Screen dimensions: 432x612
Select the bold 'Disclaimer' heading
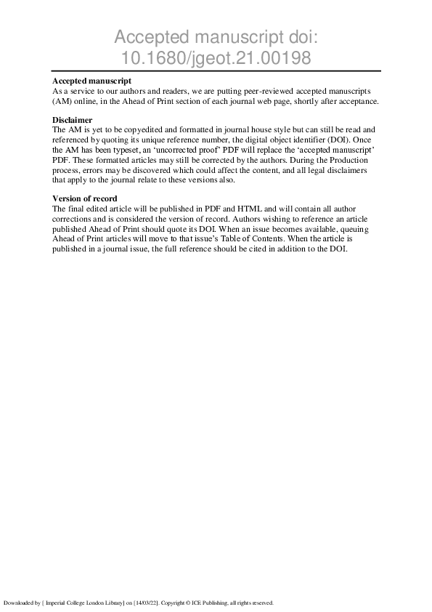click(x=72, y=119)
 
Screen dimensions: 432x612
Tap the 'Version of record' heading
click(x=85, y=198)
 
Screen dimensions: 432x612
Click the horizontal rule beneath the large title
click(x=216, y=71)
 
